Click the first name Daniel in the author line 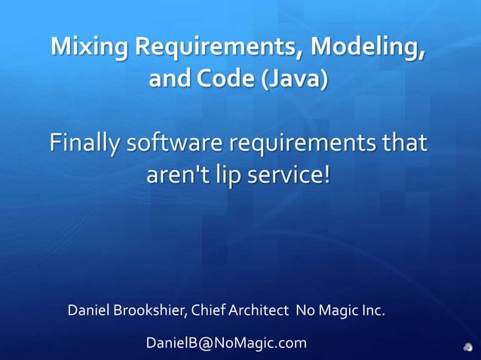pos(88,310)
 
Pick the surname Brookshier pos(149,310)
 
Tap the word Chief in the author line pos(208,310)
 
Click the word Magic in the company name pos(336,310)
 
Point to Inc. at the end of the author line pos(372,310)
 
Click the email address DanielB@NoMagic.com pos(226,343)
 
